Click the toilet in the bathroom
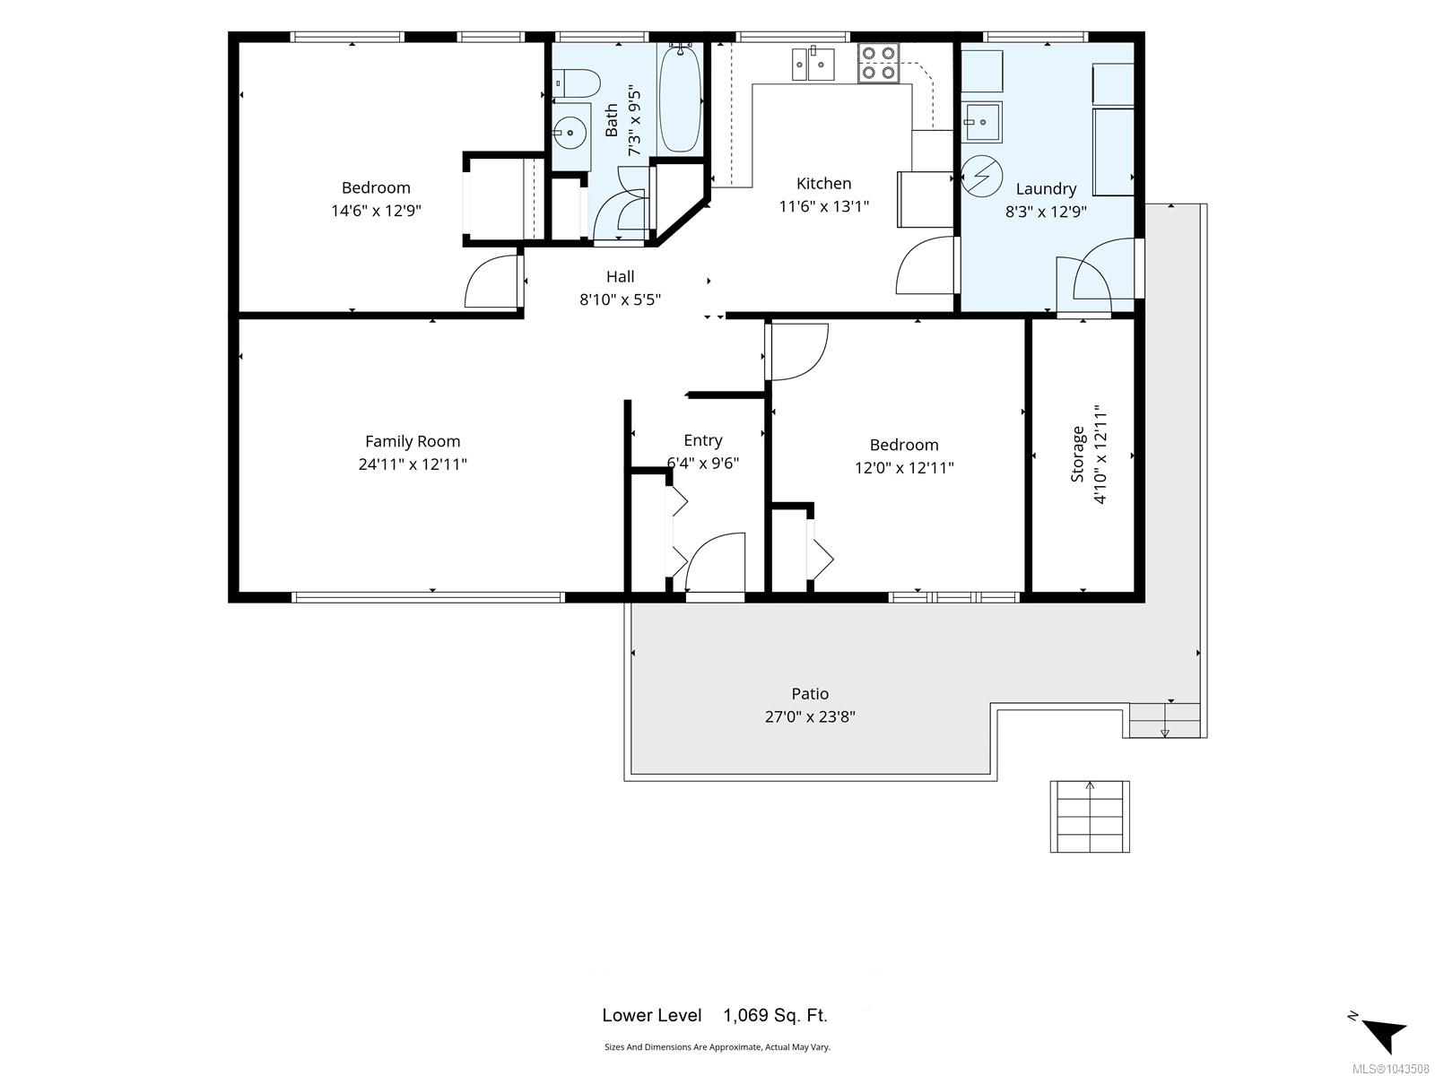(576, 83)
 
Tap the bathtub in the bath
(680, 99)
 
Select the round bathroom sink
(570, 134)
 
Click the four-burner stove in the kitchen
(878, 63)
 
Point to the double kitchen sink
(813, 64)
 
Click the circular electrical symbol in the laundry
(981, 176)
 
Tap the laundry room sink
(980, 122)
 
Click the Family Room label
(413, 442)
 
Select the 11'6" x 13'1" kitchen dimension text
(823, 206)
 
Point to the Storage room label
(1077, 454)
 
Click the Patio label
(810, 694)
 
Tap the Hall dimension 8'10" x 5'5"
(620, 299)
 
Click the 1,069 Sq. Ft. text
(776, 1015)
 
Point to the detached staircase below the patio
(1089, 816)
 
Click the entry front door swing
(715, 562)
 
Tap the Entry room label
(703, 440)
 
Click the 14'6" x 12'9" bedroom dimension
(376, 211)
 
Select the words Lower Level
(652, 1015)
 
